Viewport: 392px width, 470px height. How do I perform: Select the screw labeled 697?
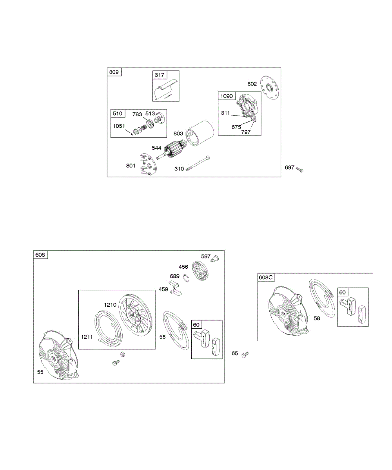point(300,169)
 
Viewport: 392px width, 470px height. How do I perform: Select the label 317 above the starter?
point(160,75)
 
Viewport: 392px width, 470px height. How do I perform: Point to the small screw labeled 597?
point(215,258)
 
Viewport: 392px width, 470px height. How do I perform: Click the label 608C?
point(265,277)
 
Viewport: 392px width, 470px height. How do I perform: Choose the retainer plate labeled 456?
point(201,271)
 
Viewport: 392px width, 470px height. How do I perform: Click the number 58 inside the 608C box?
point(317,318)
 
